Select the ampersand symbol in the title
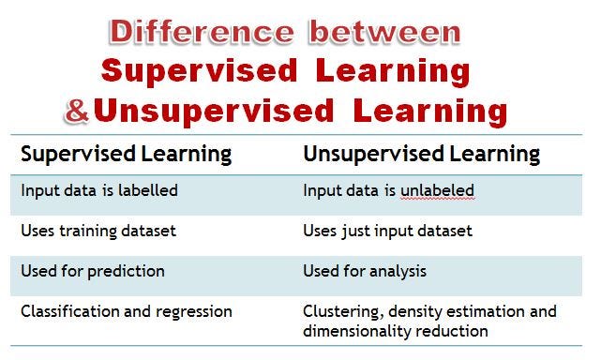coord(77,112)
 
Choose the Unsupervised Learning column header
coord(421,153)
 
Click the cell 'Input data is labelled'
coord(99,190)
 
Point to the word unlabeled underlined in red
coord(440,190)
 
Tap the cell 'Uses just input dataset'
coord(387,231)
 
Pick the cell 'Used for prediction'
coord(93,271)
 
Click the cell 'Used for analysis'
coord(365,271)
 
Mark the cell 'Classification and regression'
coord(127,310)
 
